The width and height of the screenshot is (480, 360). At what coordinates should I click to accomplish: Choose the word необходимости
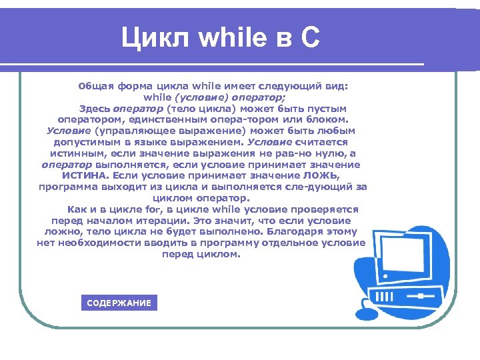pyautogui.click(x=96, y=243)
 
